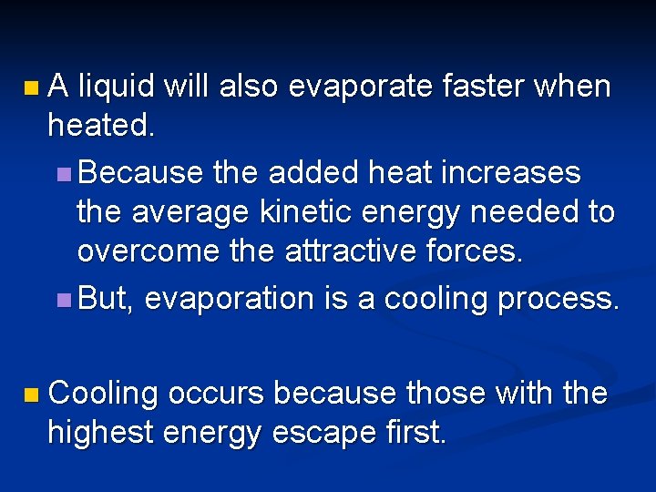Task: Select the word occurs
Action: pos(215,394)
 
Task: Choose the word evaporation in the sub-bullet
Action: pos(229,298)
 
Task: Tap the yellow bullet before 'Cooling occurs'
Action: pos(32,395)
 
